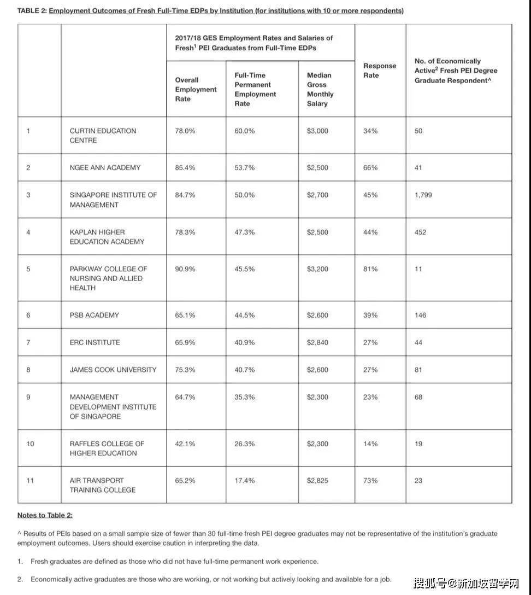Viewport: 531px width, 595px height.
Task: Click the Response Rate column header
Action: pyautogui.click(x=380, y=70)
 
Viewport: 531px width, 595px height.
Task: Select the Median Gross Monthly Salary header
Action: pyautogui.click(x=320, y=89)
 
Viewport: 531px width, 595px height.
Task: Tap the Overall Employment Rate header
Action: pyautogui.click(x=196, y=89)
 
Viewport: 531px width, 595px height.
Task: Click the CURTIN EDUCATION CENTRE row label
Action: pyautogui.click(x=103, y=136)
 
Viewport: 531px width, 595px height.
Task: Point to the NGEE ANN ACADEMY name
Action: pyautogui.click(x=105, y=168)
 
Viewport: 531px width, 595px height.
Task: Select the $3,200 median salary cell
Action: pyautogui.click(x=317, y=269)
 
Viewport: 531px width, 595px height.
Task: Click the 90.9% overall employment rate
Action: pyautogui.click(x=185, y=269)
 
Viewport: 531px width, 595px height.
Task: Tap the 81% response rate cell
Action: pyautogui.click(x=370, y=269)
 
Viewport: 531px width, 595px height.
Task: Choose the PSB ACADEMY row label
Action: pyautogui.click(x=94, y=315)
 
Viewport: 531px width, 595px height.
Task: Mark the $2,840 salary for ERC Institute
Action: pyautogui.click(x=317, y=342)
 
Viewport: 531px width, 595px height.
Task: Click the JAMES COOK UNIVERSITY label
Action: pyautogui.click(x=113, y=370)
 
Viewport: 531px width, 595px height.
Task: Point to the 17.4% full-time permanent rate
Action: pyautogui.click(x=245, y=481)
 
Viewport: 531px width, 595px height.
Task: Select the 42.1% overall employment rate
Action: pyautogui.click(x=185, y=444)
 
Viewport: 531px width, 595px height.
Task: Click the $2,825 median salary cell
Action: pyautogui.click(x=317, y=481)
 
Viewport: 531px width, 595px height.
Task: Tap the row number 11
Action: pyautogui.click(x=30, y=481)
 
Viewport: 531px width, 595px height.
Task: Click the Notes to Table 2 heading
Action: pyautogui.click(x=45, y=515)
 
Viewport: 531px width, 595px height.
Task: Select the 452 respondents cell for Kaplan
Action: pyautogui.click(x=420, y=232)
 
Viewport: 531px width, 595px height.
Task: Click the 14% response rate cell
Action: pyautogui.click(x=370, y=444)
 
